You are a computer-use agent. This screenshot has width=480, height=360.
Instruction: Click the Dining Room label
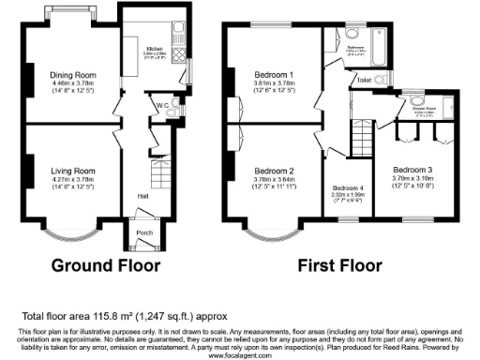[x=72, y=72]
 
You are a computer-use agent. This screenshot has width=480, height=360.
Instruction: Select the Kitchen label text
[x=155, y=48]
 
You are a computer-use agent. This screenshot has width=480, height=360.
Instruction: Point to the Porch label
[x=144, y=233]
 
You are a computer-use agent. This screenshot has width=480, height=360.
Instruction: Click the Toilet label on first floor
[x=364, y=81]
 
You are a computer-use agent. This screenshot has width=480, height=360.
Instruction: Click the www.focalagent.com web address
[x=240, y=354]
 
